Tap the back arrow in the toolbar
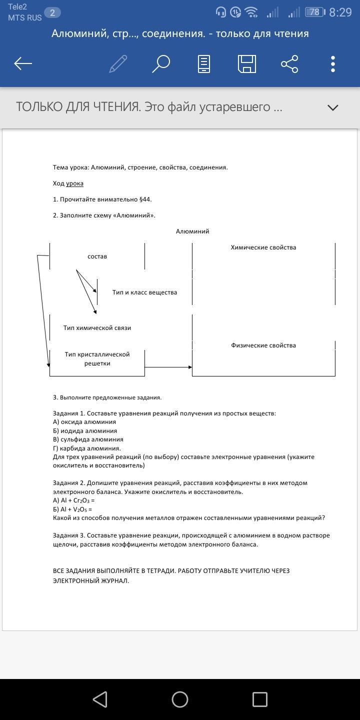[23, 63]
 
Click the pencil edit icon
[118, 63]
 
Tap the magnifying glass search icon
[161, 63]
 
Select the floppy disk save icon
[247, 64]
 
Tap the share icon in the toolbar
[289, 64]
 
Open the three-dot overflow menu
[333, 64]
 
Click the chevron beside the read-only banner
[332, 107]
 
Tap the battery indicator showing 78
[314, 12]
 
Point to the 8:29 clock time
[341, 12]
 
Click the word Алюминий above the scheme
[192, 231]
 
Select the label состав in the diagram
[97, 256]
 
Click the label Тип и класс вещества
[144, 292]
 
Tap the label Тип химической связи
[97, 328]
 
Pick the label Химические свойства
[263, 247]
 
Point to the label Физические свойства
[263, 345]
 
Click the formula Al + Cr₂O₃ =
[74, 500]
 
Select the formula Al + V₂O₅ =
[72, 509]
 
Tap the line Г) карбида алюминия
[87, 448]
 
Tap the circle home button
[180, 699]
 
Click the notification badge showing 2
[52, 13]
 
